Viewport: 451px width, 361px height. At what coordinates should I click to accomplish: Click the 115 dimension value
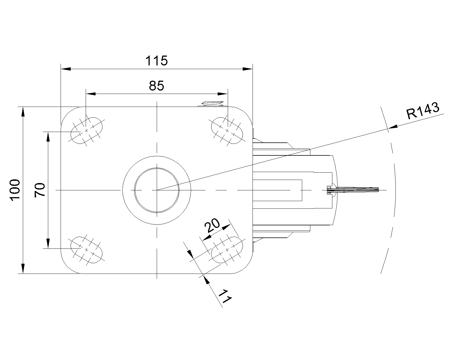[x=156, y=61]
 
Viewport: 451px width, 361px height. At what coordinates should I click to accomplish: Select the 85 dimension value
[x=156, y=86]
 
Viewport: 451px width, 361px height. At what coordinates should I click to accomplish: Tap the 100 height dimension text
[x=15, y=190]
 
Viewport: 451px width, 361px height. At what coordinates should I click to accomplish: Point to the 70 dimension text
[x=40, y=190]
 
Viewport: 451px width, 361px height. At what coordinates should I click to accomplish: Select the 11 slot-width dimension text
[x=225, y=296]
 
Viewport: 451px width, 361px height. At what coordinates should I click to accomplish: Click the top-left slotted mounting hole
[x=86, y=130]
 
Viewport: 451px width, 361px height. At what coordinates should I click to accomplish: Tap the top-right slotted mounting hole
[x=227, y=130]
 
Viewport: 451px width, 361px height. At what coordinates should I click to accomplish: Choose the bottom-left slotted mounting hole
[x=86, y=250]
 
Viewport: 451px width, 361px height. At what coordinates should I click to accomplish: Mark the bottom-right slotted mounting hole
[x=227, y=250]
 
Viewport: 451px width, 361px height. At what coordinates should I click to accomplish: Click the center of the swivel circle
[x=157, y=190]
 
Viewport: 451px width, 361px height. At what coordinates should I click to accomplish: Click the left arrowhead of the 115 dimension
[x=66, y=69]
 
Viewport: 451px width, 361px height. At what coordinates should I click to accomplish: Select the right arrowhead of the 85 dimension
[x=222, y=93]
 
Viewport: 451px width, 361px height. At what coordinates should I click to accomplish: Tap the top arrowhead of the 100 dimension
[x=23, y=111]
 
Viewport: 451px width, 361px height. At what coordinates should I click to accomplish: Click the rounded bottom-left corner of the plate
[x=68, y=267]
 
